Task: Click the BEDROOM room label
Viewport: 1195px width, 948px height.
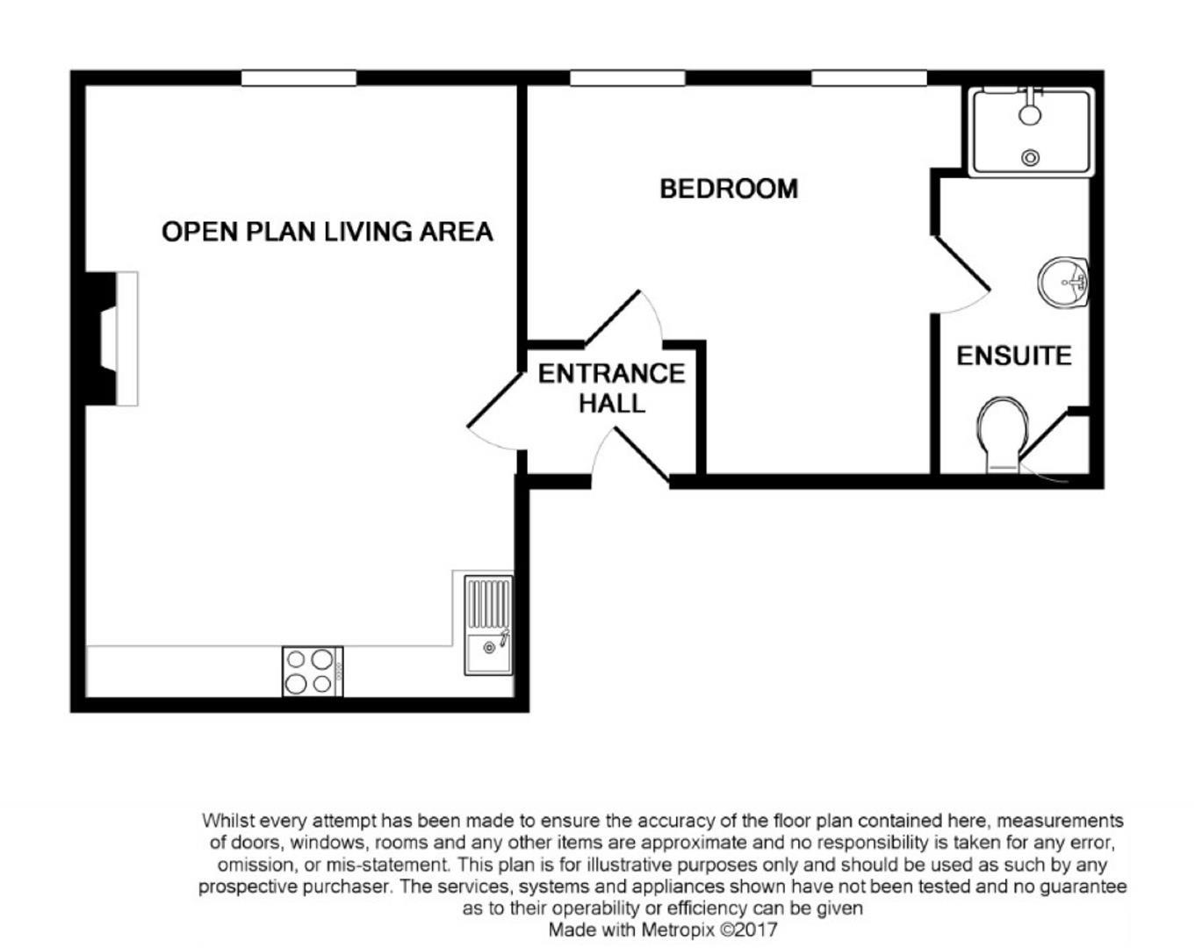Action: [x=729, y=189]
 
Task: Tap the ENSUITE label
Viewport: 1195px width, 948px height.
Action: [x=1014, y=355]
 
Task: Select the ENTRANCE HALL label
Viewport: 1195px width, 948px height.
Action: [x=612, y=388]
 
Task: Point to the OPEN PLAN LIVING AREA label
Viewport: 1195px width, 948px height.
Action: [x=328, y=232]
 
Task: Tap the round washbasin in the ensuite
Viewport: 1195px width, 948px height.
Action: [x=1062, y=282]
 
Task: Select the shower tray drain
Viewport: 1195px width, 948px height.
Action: [x=1030, y=158]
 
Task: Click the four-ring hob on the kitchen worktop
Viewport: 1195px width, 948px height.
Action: [x=313, y=671]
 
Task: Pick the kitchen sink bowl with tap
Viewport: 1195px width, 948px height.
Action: [x=489, y=654]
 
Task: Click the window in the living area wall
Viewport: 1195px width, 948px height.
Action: [x=299, y=78]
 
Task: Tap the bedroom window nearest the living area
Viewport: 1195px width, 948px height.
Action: [x=628, y=78]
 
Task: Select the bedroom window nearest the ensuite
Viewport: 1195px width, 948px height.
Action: [x=869, y=78]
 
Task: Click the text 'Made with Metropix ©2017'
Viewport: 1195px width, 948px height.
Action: [x=663, y=930]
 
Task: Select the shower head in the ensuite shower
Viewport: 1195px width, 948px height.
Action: [x=1030, y=114]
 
